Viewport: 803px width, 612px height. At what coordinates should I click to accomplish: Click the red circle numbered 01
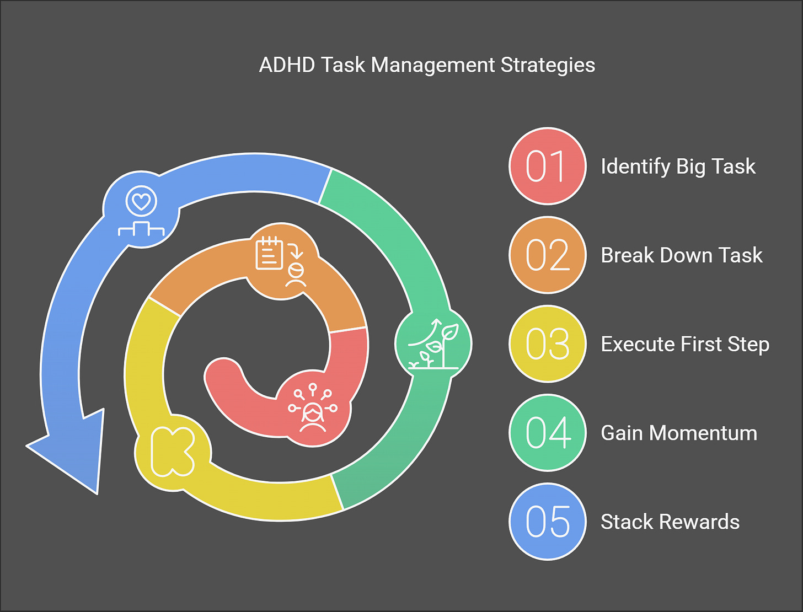coord(547,166)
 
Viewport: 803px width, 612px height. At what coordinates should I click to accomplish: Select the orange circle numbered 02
coord(547,255)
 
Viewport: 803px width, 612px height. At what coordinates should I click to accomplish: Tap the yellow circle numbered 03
coord(547,344)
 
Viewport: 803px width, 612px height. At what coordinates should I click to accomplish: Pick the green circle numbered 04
coord(547,433)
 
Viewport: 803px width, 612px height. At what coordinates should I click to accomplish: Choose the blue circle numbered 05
coord(547,522)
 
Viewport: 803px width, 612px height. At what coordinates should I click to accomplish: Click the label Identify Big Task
coord(678,167)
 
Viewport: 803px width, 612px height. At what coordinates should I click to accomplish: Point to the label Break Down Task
coord(681,255)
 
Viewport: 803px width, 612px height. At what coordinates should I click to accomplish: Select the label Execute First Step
coord(684,344)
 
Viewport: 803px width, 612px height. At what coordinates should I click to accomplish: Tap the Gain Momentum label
coord(678,433)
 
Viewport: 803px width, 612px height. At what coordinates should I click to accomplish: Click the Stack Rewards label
coord(670,522)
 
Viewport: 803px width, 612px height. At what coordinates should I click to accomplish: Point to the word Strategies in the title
coord(548,65)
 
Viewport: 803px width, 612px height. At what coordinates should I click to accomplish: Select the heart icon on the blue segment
coord(142,202)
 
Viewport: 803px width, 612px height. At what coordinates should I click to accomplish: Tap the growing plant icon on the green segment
coord(434,344)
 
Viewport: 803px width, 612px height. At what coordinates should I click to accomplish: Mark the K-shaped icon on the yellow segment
coord(173,451)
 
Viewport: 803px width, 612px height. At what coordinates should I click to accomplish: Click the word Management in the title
coord(433,65)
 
